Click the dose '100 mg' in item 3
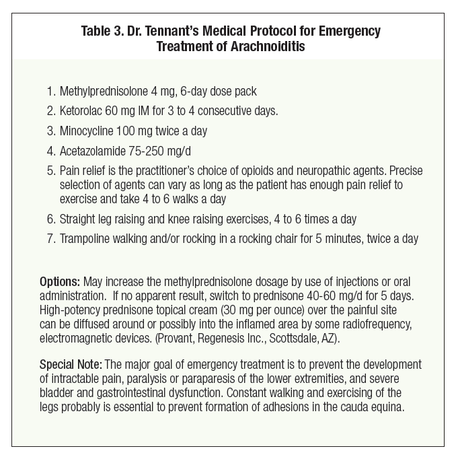135,129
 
